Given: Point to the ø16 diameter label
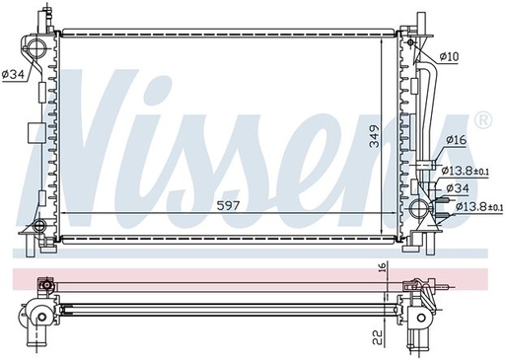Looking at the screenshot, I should point(456,140).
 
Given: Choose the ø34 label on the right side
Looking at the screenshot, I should point(457,187).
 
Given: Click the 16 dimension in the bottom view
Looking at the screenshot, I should point(382,267).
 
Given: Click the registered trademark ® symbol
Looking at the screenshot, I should point(482,120).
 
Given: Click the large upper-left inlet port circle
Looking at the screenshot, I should point(37,51).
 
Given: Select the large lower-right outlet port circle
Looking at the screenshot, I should point(421,208).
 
